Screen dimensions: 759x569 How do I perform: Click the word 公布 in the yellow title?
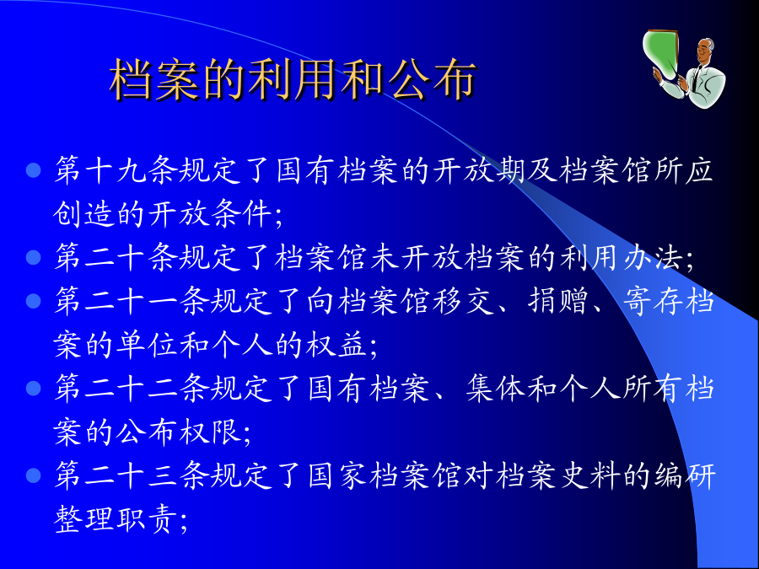point(432,79)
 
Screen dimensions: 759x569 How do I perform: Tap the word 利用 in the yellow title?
point(293,79)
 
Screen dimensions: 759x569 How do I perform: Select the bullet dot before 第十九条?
point(33,170)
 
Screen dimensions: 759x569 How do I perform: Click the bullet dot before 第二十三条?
point(33,475)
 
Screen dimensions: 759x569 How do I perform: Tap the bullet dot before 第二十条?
point(33,257)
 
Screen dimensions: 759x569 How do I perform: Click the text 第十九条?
point(116,170)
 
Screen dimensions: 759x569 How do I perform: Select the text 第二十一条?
point(132,301)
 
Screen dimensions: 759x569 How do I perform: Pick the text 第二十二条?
point(132,388)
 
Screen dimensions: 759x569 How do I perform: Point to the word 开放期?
point(478,170)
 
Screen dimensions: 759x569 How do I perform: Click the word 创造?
point(84,214)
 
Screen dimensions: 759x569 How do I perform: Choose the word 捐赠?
point(557,301)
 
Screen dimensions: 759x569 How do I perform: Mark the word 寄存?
point(652,301)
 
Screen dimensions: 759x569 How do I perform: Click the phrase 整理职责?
point(116,518)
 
